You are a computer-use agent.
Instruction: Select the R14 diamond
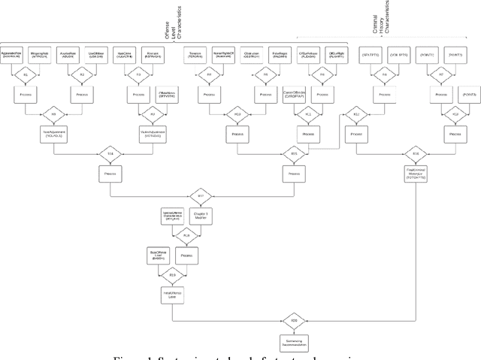(110, 153)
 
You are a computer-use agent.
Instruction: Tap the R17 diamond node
(201, 195)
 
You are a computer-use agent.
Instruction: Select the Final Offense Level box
(171, 295)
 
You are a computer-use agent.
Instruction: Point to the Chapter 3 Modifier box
(200, 216)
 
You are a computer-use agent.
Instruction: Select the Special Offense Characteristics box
(173, 216)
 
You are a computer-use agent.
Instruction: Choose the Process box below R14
(110, 173)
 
